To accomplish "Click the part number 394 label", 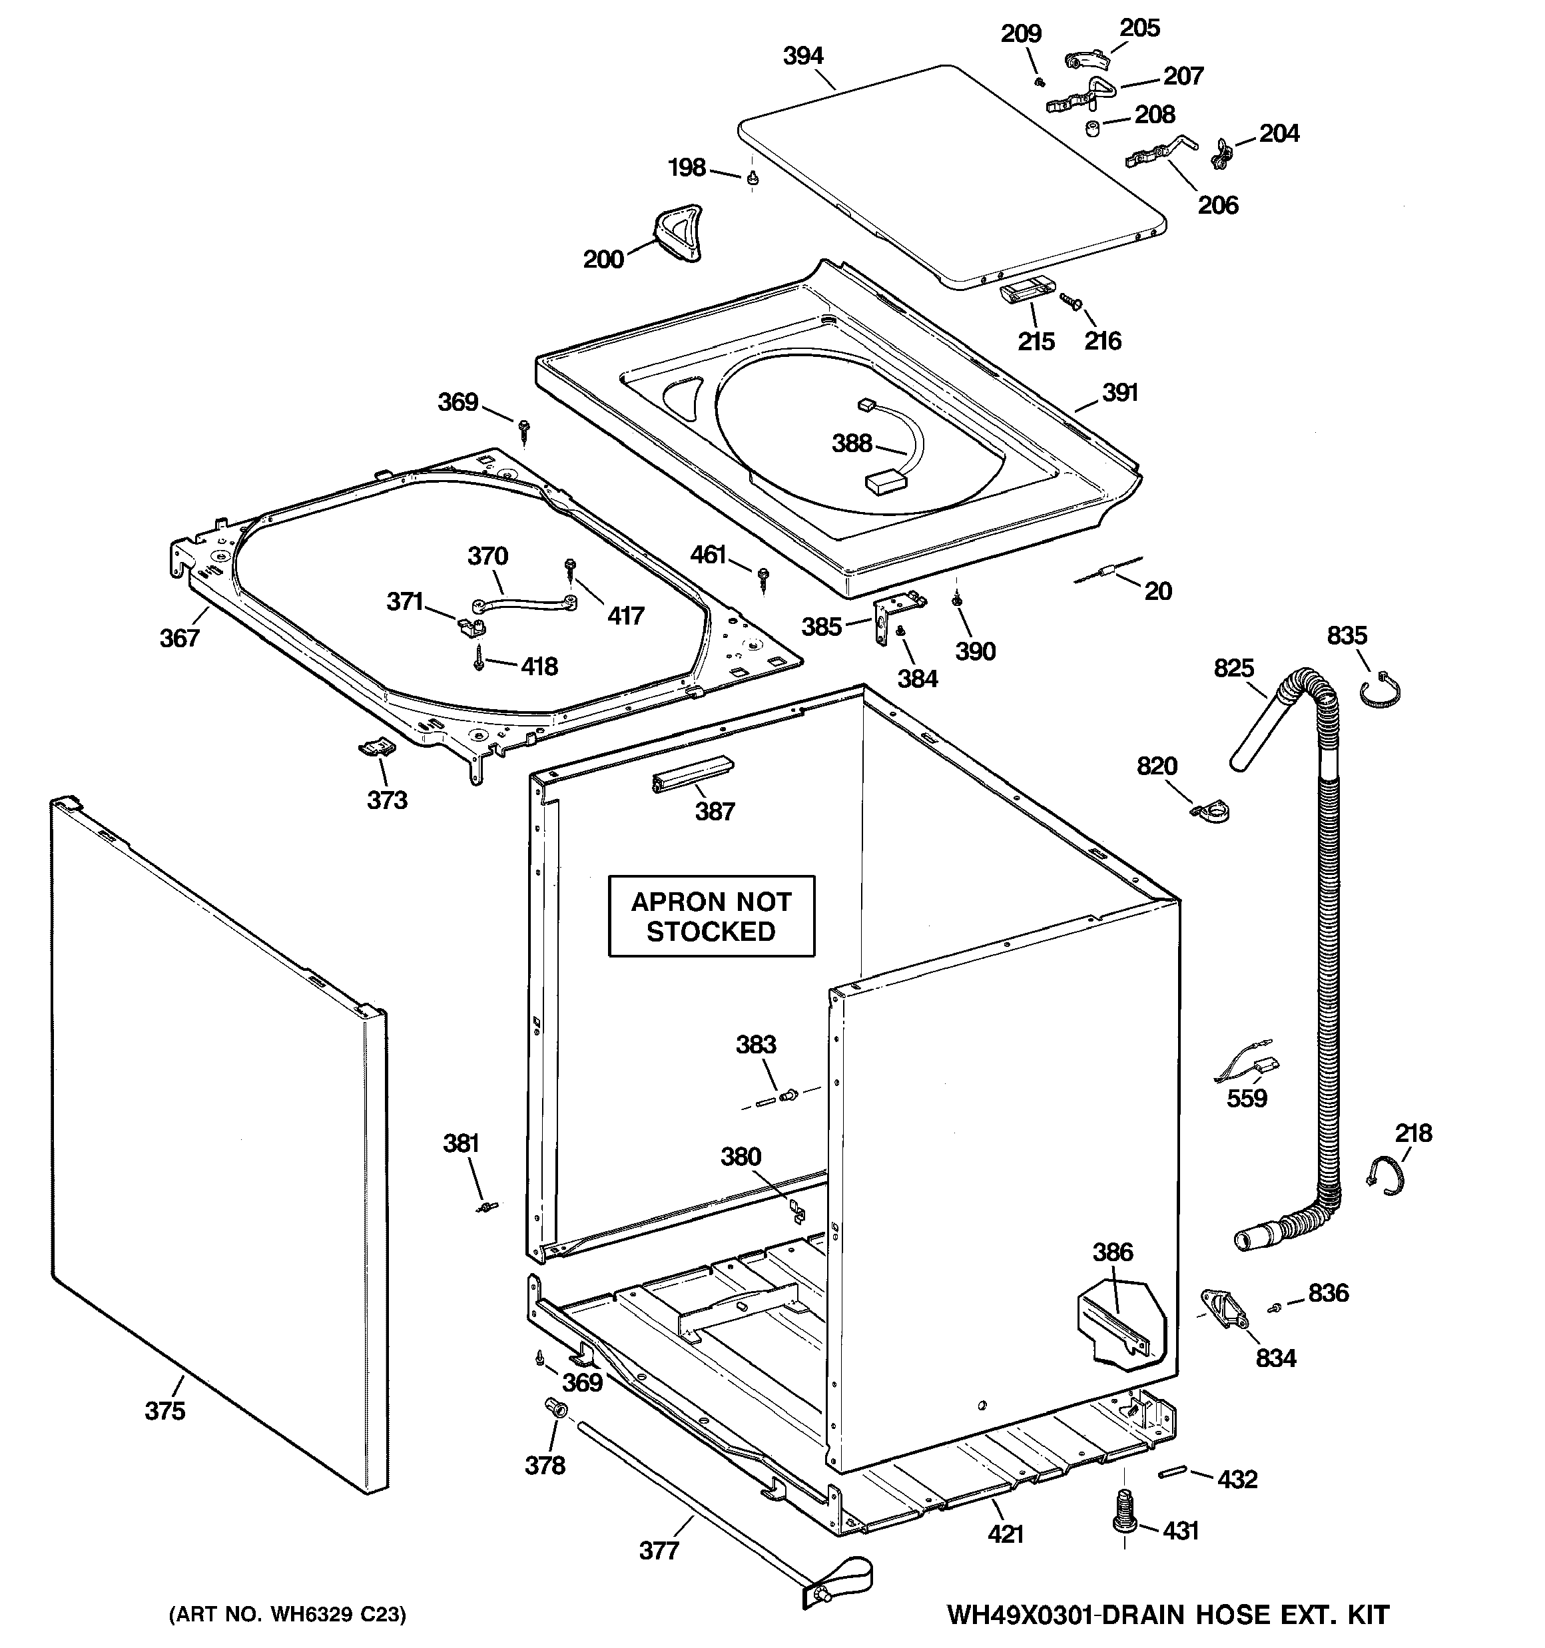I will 802,55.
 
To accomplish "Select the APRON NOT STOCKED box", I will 711,916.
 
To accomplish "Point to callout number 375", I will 165,1410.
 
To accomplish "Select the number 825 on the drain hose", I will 1233,667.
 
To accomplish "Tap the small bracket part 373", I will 376,748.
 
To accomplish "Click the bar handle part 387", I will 693,774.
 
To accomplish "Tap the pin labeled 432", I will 1172,1472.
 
